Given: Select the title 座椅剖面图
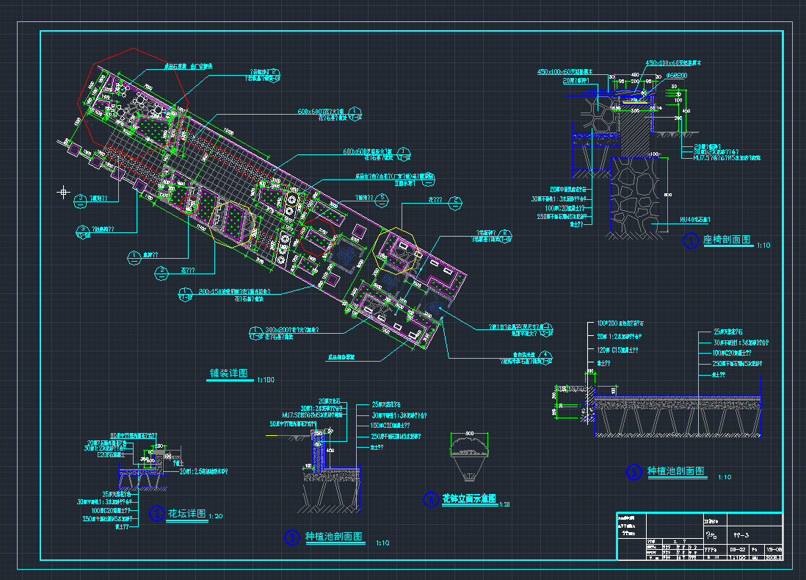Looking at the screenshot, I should (x=726, y=240).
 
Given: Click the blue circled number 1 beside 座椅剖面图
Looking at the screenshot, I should (x=690, y=240).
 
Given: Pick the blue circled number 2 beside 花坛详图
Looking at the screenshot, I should (x=156, y=513).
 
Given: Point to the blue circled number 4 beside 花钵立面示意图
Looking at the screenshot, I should (x=431, y=500).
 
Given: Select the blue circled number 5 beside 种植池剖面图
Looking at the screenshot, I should (x=633, y=472).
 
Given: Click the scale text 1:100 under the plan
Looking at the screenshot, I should (x=265, y=380).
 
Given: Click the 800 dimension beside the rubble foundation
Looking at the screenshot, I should (x=668, y=194).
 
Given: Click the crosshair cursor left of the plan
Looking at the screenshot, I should (x=63, y=193).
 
